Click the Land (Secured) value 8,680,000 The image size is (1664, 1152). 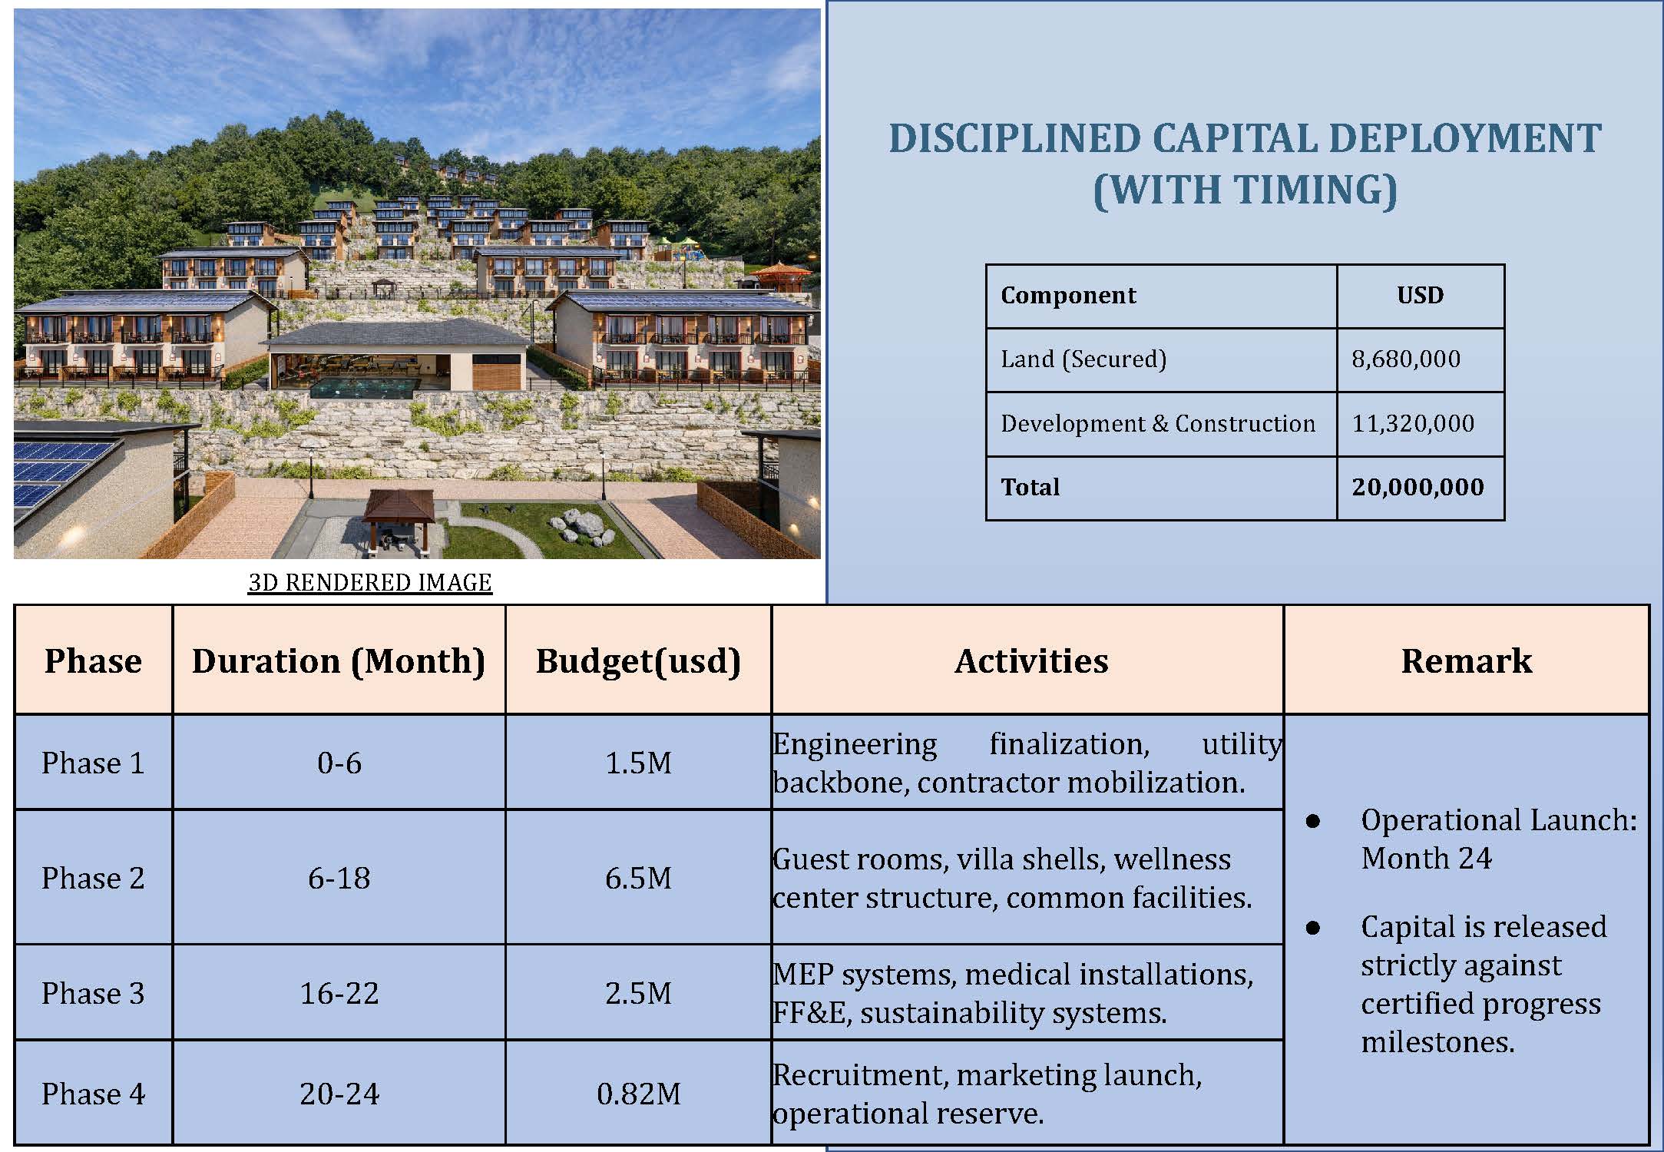pyautogui.click(x=1405, y=359)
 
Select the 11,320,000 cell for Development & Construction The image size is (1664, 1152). pyautogui.click(x=1412, y=423)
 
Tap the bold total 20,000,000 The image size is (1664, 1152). pyautogui.click(x=1418, y=487)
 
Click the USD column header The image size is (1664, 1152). pyautogui.click(x=1420, y=296)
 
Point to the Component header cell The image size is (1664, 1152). pyautogui.click(x=1068, y=296)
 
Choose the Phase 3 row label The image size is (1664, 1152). pyautogui.click(x=93, y=993)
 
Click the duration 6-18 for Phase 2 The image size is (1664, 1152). pyautogui.click(x=339, y=878)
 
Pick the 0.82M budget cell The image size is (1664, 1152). pyautogui.click(x=638, y=1094)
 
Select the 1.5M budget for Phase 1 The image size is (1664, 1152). pyautogui.click(x=638, y=763)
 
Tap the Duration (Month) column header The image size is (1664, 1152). pyautogui.click(x=339, y=660)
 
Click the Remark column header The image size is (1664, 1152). pyautogui.click(x=1466, y=660)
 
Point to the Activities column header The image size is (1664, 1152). pyautogui.click(x=1031, y=660)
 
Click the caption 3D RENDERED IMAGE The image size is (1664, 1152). pyautogui.click(x=369, y=582)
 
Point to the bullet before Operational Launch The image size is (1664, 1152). pyautogui.click(x=1312, y=821)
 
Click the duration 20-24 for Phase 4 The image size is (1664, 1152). pyautogui.click(x=339, y=1094)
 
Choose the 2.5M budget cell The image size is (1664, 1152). pyautogui.click(x=638, y=993)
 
